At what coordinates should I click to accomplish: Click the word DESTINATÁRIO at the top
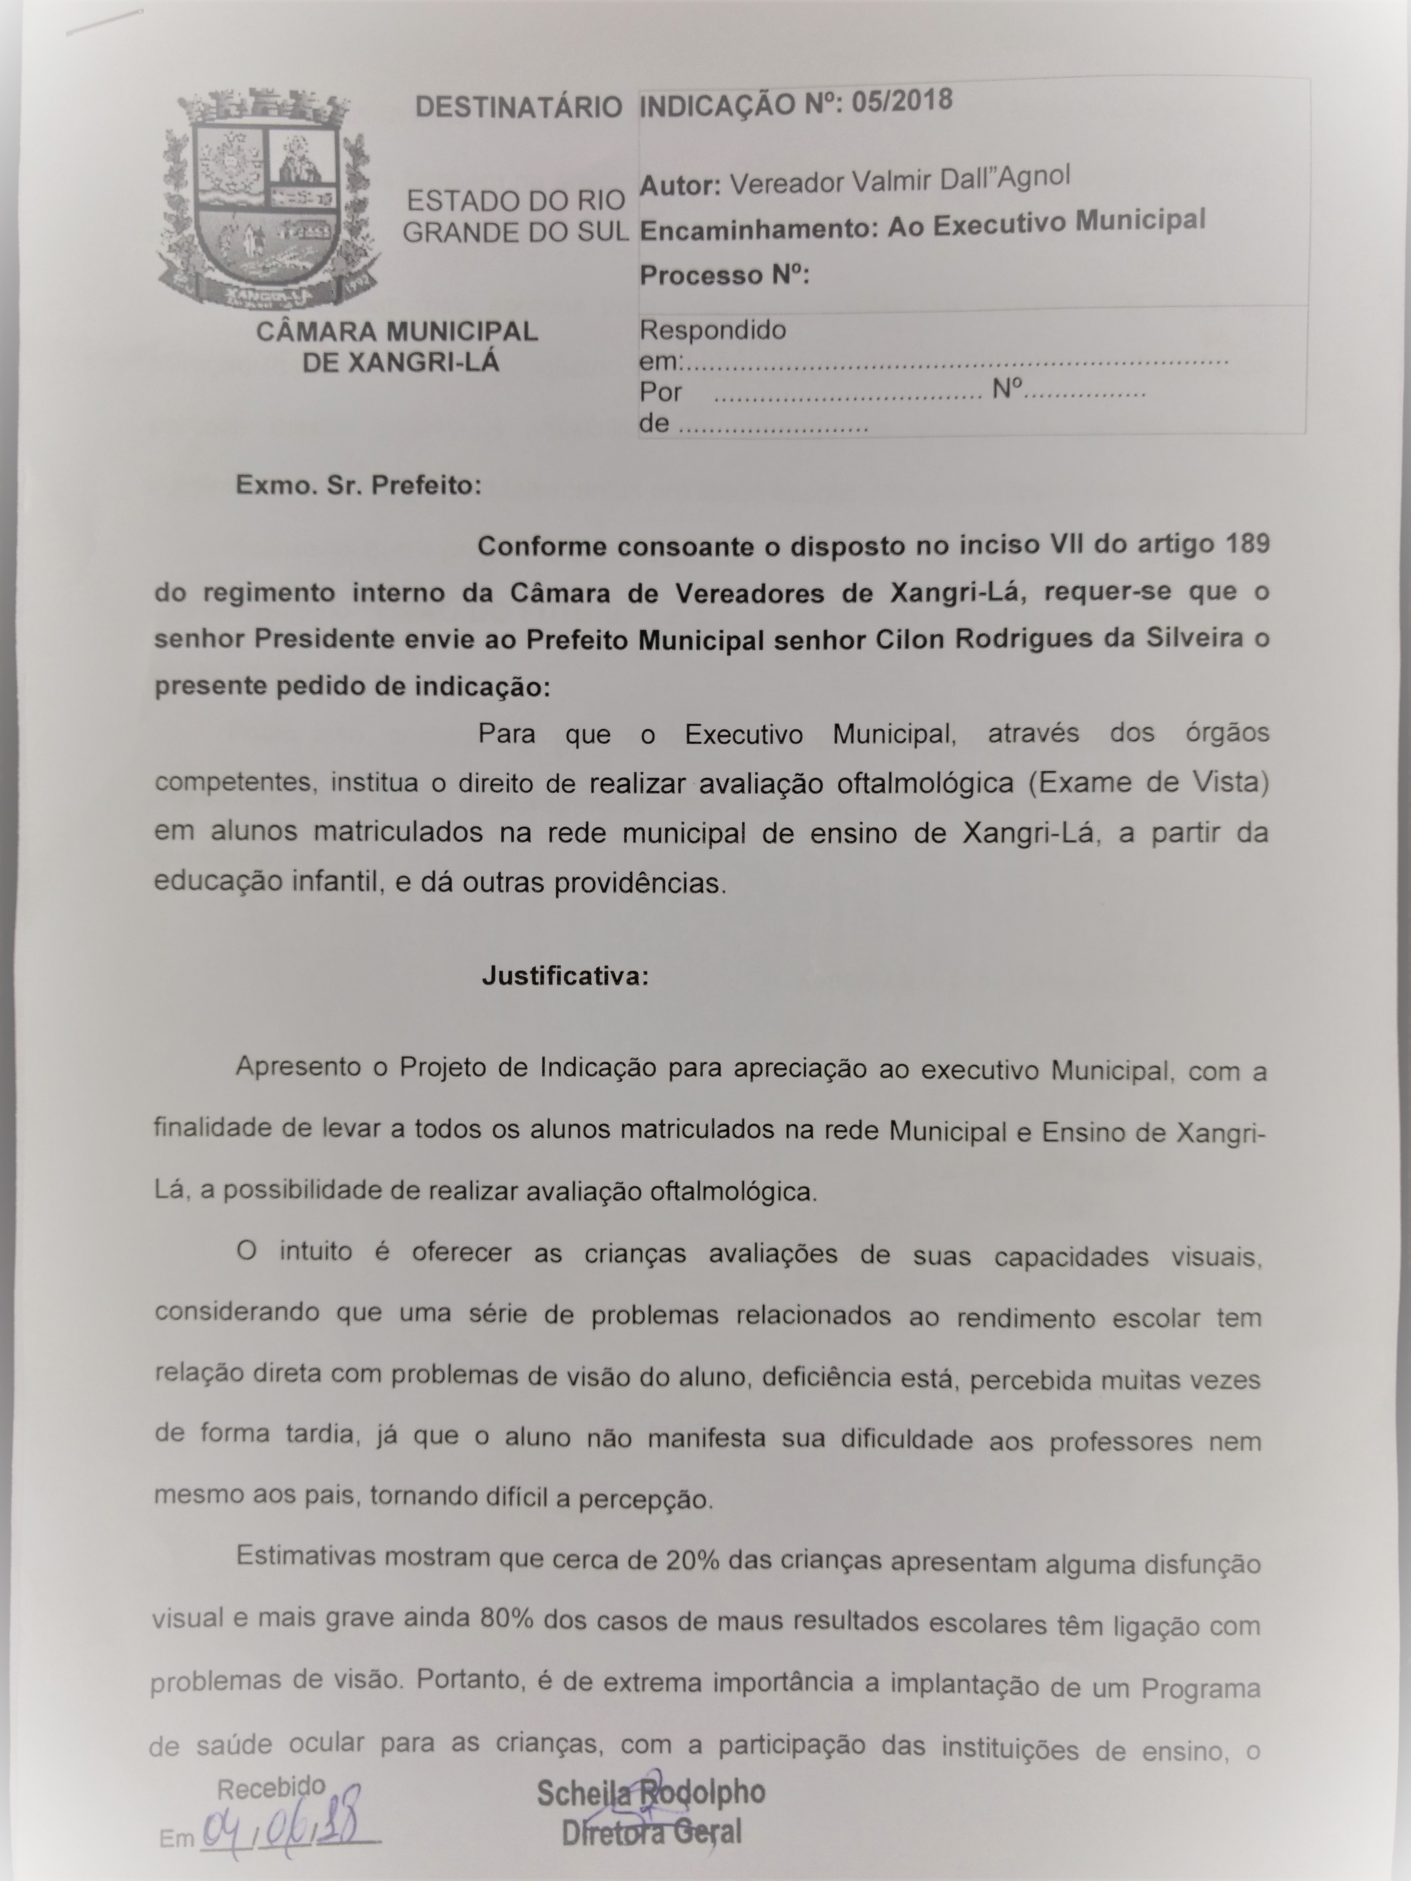point(519,108)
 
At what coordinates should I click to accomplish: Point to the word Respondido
point(713,330)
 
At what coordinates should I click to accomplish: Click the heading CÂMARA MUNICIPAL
point(397,331)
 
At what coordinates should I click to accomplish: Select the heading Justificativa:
point(565,976)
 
